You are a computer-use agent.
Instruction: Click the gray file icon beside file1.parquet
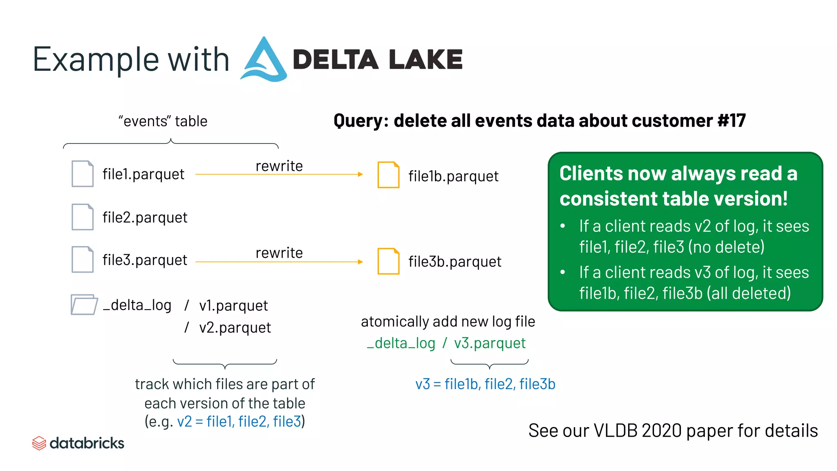pyautogui.click(x=83, y=174)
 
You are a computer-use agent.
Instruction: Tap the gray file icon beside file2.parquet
pyautogui.click(x=83, y=217)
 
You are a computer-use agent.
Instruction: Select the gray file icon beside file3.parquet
pyautogui.click(x=83, y=260)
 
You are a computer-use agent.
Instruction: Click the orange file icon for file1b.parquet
pyautogui.click(x=388, y=175)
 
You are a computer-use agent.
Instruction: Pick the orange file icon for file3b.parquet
pyautogui.click(x=388, y=261)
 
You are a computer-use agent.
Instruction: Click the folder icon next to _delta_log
pyautogui.click(x=84, y=305)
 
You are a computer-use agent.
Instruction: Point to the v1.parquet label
pyautogui.click(x=233, y=305)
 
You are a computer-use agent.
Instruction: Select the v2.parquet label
pyautogui.click(x=235, y=327)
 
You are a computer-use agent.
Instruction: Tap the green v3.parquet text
pyautogui.click(x=490, y=343)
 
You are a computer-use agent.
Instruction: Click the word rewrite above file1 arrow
pyautogui.click(x=279, y=166)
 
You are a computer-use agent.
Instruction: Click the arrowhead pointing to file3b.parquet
pyautogui.click(x=360, y=262)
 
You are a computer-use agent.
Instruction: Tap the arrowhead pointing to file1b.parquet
pyautogui.click(x=360, y=174)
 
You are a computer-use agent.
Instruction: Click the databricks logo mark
pyautogui.click(x=39, y=443)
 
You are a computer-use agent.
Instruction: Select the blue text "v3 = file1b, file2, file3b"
pyautogui.click(x=485, y=384)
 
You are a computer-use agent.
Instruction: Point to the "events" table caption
pyautogui.click(x=163, y=121)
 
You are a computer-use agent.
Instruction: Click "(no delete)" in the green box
pyautogui.click(x=726, y=247)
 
